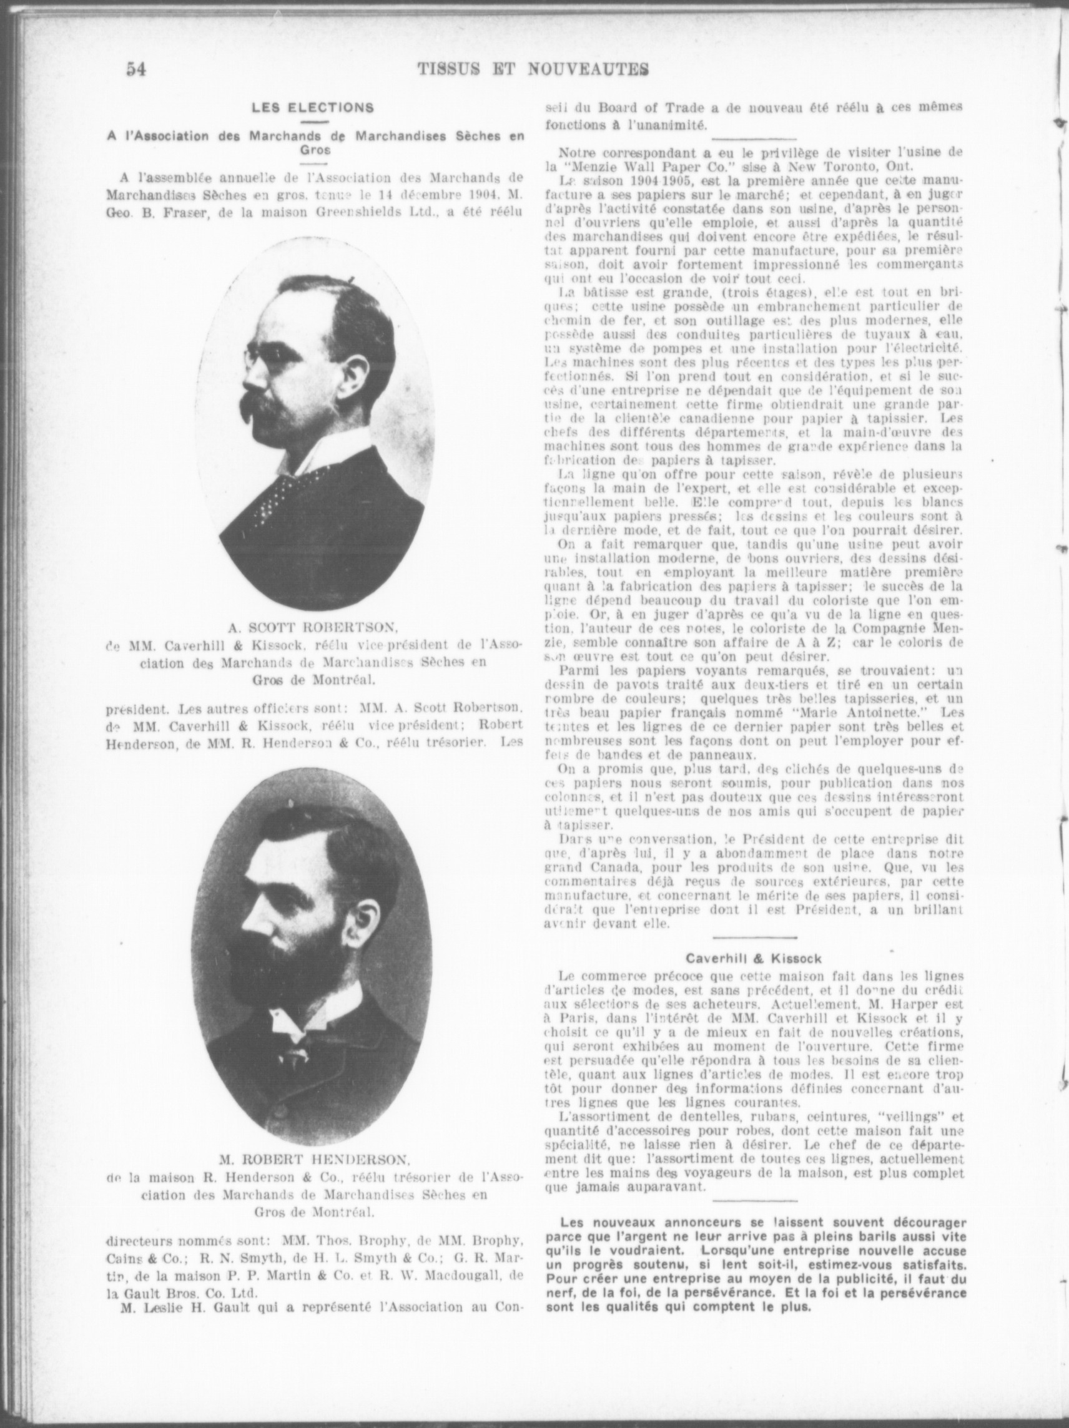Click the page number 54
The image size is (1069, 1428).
pos(136,69)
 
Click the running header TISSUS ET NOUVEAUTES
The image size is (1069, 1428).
pos(533,69)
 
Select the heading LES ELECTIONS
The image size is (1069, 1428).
pos(313,108)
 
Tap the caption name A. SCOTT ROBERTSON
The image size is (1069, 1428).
pos(314,625)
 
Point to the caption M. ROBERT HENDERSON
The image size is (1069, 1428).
pos(315,1159)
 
